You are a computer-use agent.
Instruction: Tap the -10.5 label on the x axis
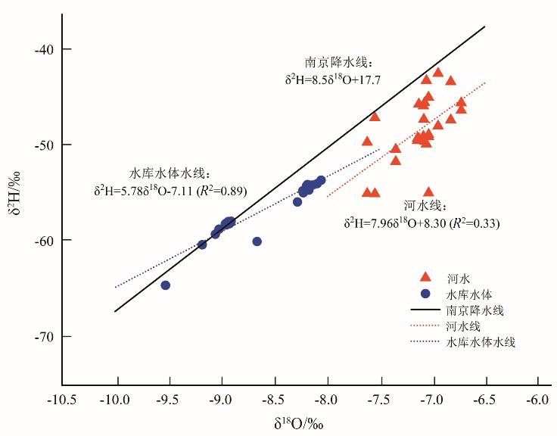click(x=64, y=400)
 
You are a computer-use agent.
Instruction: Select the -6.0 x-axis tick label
click(x=537, y=400)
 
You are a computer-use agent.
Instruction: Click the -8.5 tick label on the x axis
click(x=274, y=400)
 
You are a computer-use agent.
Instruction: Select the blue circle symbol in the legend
click(x=425, y=294)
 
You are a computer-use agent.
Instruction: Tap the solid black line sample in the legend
click(x=425, y=310)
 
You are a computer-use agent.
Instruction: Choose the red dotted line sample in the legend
click(x=425, y=326)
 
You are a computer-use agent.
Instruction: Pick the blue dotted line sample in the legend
click(x=425, y=342)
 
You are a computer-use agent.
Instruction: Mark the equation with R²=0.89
click(x=170, y=190)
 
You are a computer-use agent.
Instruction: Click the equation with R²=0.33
click(x=422, y=223)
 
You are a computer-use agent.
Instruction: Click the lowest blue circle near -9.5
click(x=166, y=285)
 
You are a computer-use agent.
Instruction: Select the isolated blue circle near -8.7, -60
click(x=257, y=241)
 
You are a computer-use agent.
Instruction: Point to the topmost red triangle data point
click(x=438, y=73)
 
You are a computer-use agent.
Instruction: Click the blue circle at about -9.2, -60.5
click(x=202, y=244)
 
